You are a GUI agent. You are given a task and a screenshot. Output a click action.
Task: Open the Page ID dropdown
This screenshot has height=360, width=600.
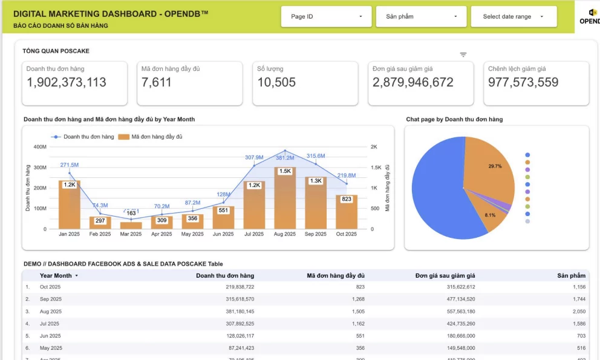pyautogui.click(x=326, y=17)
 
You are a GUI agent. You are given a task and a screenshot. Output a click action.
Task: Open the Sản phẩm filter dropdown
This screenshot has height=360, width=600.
pyautogui.click(x=421, y=17)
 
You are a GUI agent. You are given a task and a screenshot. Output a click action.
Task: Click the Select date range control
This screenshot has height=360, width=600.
pyautogui.click(x=514, y=17)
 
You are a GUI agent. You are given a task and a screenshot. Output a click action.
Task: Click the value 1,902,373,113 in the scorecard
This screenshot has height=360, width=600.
pyautogui.click(x=67, y=82)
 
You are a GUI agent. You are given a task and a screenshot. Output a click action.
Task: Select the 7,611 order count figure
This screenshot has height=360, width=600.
pyautogui.click(x=157, y=82)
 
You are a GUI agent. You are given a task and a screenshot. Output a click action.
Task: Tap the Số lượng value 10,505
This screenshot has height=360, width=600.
pyautogui.click(x=276, y=82)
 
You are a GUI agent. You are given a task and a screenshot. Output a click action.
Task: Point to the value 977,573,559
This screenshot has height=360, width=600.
pyautogui.click(x=523, y=82)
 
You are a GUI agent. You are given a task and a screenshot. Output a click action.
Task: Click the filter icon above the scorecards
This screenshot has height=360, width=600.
pyautogui.click(x=463, y=55)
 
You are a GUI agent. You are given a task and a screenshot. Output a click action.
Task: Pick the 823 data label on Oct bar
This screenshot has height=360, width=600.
pyautogui.click(x=347, y=199)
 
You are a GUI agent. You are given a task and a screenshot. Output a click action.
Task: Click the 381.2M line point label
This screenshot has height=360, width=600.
pyautogui.click(x=285, y=158)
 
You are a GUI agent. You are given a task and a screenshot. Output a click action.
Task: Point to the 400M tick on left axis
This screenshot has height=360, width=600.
pyautogui.click(x=40, y=147)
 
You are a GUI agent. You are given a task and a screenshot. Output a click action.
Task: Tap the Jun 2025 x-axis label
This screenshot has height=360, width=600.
pyautogui.click(x=223, y=234)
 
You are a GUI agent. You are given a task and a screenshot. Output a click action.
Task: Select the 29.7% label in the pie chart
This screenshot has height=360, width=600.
pyautogui.click(x=495, y=166)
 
